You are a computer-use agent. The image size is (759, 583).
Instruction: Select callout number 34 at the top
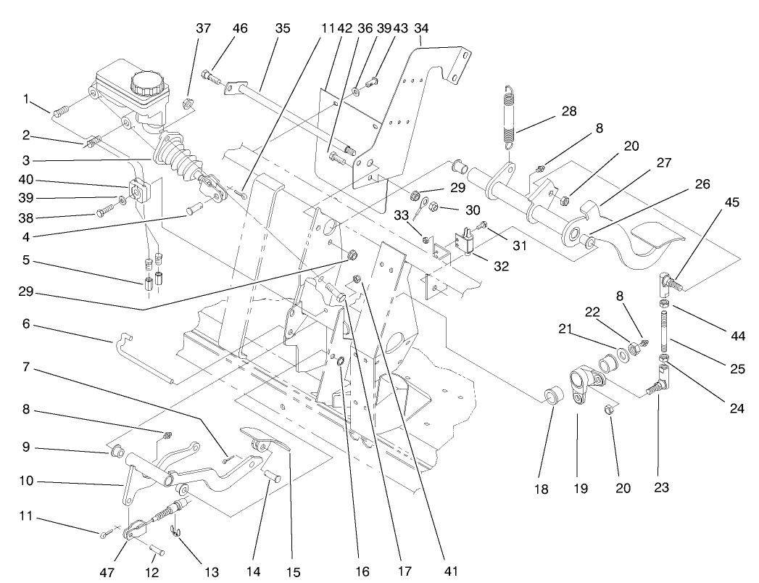pyautogui.click(x=420, y=28)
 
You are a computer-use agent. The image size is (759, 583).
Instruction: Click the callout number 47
pyautogui.click(x=107, y=571)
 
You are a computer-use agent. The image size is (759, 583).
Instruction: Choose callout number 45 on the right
pyautogui.click(x=731, y=202)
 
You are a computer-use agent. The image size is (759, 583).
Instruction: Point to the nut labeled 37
pyautogui.click(x=187, y=100)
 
